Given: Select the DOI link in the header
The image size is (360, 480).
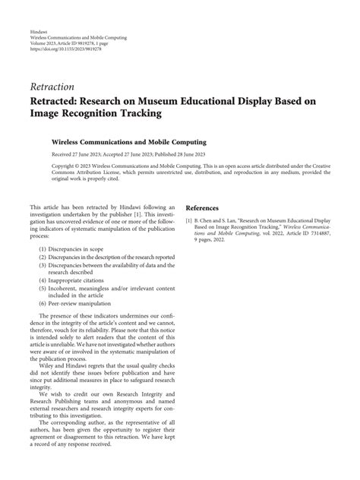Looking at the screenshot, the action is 61,49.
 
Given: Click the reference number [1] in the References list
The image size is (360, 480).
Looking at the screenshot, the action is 188,222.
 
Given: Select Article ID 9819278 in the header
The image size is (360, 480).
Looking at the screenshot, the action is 87,43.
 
